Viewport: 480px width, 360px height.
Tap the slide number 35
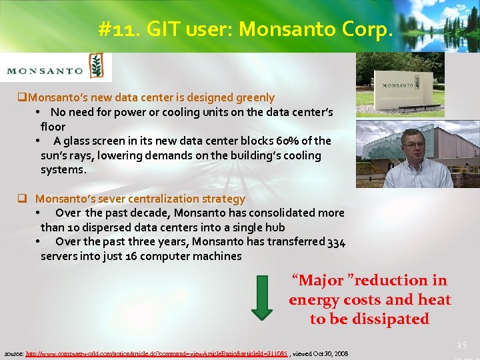click(461, 345)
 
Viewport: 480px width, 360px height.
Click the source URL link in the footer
click(157, 353)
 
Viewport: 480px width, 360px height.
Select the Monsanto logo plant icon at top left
click(97, 67)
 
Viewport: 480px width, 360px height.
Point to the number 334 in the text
click(336, 242)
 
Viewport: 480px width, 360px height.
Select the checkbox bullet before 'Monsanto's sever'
click(22, 199)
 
